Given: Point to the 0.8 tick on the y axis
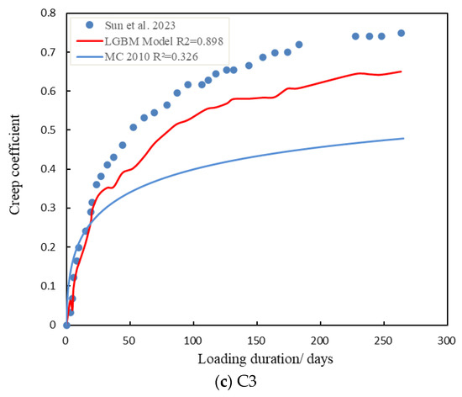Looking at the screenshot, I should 47,14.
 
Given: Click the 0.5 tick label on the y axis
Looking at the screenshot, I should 47,130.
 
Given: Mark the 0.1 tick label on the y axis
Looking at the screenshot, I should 47,286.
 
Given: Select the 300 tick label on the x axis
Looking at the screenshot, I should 446,341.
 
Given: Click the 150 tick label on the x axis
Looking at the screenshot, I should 255,341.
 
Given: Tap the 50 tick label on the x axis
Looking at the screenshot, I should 129,341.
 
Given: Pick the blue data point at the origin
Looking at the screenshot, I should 66,325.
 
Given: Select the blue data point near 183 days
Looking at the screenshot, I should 298,44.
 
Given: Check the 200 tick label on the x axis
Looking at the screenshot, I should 319,341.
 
